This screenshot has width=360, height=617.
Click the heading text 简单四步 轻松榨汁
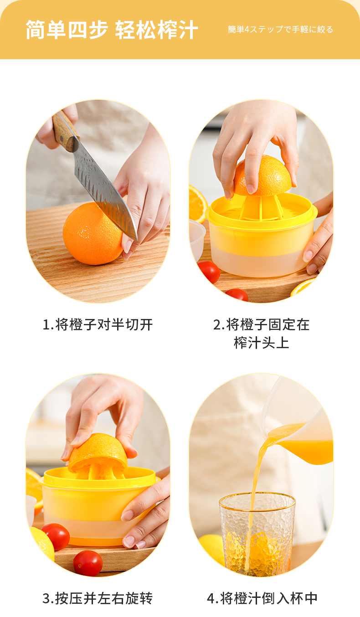coord(112,30)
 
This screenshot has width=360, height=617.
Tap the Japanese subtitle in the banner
coord(280,29)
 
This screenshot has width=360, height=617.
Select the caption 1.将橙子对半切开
coord(98,324)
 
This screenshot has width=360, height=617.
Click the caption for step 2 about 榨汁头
coord(261,334)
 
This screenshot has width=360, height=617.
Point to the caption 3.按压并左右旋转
coord(98,598)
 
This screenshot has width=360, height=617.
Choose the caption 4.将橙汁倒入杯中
coord(262,598)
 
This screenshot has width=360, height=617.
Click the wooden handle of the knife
coord(66,131)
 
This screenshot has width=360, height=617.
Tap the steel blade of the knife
coord(105,187)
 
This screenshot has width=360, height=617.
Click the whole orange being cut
coord(92,234)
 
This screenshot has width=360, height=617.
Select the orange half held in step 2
coord(262,176)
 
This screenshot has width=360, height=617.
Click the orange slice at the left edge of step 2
coord(197,203)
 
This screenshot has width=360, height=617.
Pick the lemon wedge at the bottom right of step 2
coord(303,287)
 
